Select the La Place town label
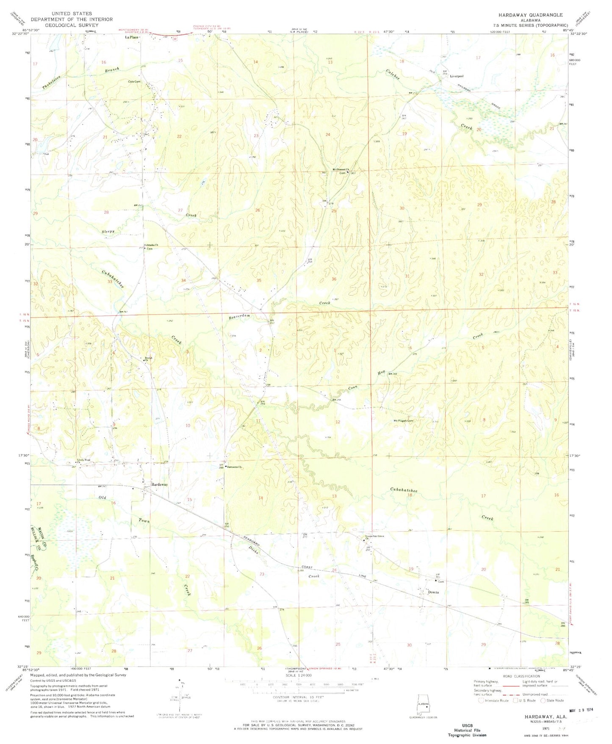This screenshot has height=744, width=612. point(131,37)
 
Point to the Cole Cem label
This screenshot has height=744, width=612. point(134,82)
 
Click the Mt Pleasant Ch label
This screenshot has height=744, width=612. point(341,170)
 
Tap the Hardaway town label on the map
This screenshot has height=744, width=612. point(160,484)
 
